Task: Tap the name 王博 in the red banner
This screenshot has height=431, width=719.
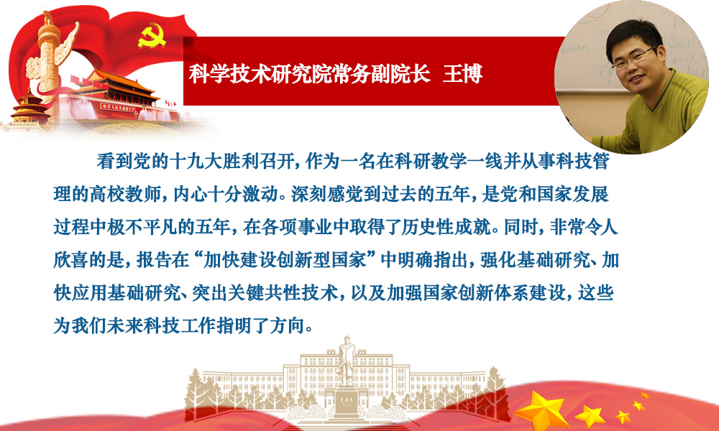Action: point(462,74)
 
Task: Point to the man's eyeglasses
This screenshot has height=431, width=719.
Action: point(634,57)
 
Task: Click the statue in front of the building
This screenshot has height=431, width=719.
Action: point(347,363)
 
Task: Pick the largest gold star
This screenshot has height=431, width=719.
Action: point(542,409)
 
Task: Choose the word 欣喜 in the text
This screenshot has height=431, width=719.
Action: point(71,260)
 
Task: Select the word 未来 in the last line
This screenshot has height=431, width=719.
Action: point(124,325)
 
